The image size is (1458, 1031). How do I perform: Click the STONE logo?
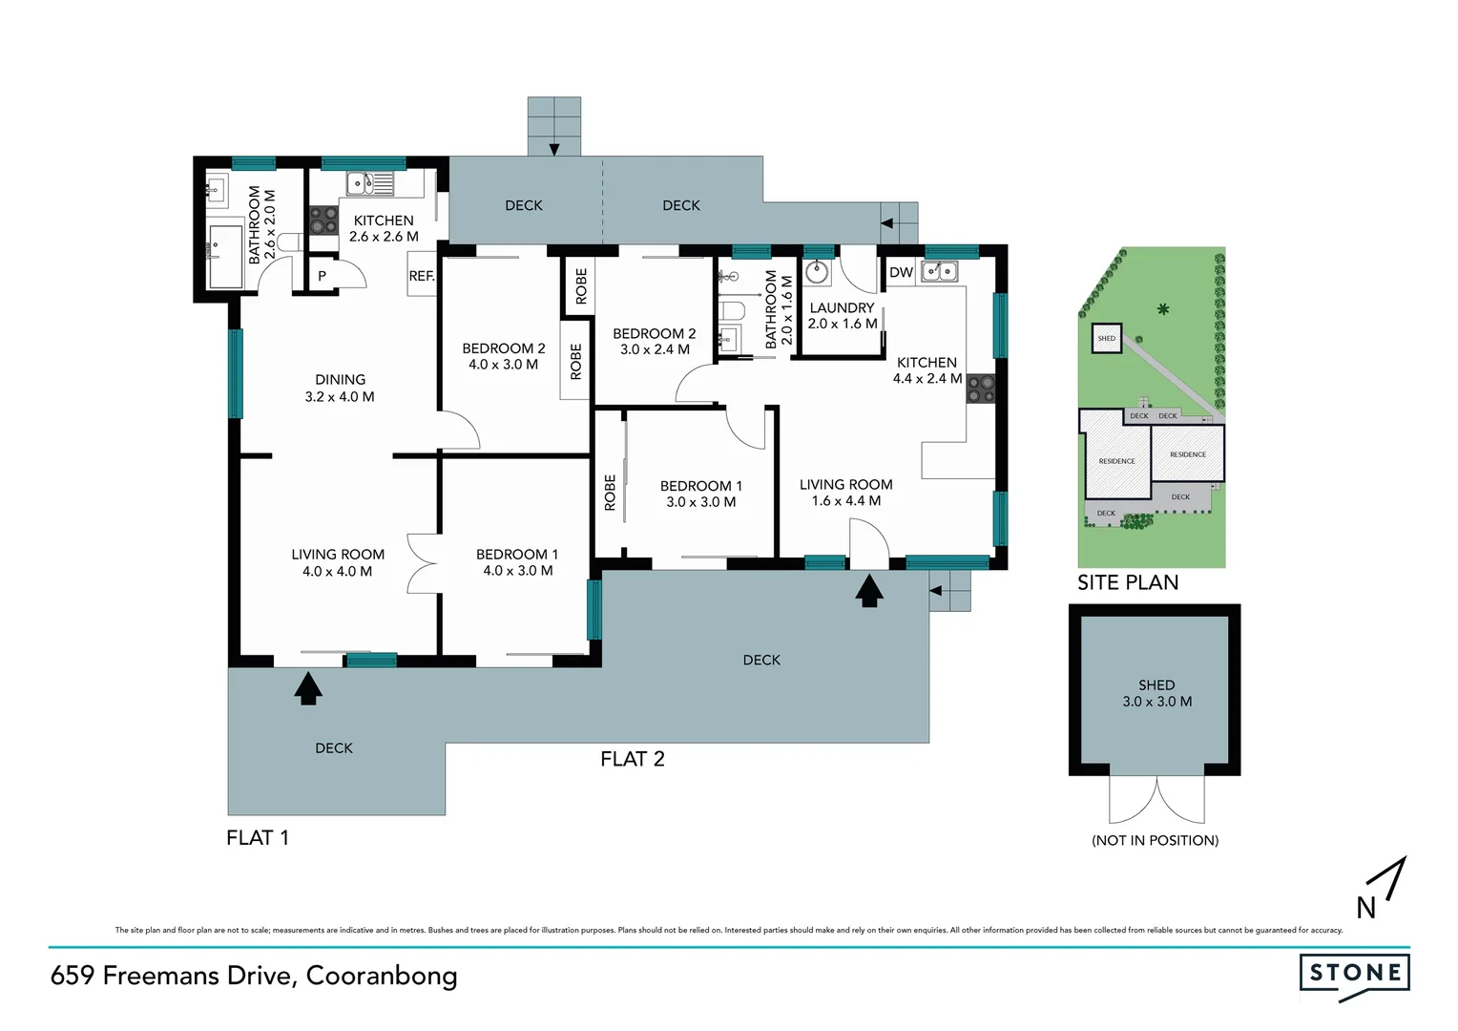1354,975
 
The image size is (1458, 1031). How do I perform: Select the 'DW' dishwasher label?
901,272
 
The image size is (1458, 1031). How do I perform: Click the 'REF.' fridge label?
422,276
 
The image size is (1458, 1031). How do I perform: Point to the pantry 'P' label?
322,276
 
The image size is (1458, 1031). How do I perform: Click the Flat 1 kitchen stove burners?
323,221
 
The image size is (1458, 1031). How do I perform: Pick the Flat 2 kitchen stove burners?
981,389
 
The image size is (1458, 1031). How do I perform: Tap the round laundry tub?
818,273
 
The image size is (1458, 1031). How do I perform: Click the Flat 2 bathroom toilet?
732,311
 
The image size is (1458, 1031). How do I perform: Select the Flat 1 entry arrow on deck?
307,687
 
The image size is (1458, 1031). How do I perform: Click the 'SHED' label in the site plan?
1106,339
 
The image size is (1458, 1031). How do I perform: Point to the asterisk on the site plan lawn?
1162,309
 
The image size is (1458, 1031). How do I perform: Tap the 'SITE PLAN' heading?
1128,582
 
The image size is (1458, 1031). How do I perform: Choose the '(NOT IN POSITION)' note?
1155,840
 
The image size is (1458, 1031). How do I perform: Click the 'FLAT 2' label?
632,759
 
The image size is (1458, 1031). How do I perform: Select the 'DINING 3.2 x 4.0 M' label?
340,388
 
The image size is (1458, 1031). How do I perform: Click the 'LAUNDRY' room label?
842,307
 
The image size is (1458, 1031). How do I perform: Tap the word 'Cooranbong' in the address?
382,976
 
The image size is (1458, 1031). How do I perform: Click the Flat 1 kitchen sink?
368,181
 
